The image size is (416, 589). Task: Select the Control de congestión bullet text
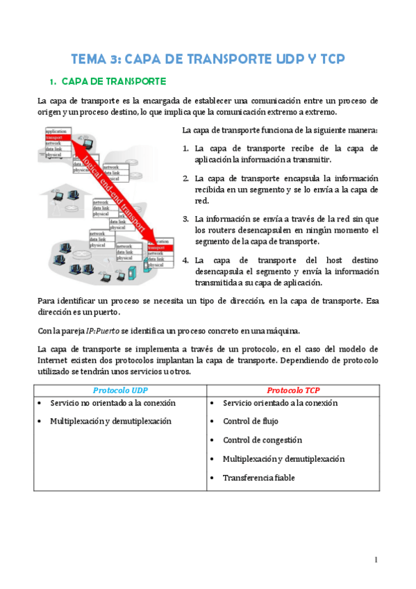(x=263, y=440)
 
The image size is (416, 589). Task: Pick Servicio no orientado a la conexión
(x=113, y=403)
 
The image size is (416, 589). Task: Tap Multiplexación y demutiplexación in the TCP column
(x=283, y=459)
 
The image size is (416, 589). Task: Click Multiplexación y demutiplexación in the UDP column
(x=110, y=422)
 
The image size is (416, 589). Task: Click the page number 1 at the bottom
(x=376, y=560)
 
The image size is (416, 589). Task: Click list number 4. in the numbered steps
(x=186, y=260)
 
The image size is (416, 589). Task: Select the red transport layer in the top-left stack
(x=56, y=137)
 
